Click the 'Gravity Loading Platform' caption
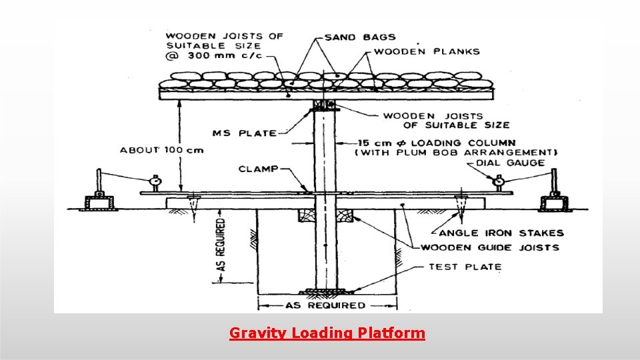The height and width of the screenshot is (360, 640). point(327,333)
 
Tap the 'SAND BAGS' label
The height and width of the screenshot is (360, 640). point(360,37)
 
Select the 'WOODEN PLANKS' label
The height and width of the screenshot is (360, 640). point(427,51)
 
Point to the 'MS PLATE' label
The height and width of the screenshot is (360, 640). point(244,133)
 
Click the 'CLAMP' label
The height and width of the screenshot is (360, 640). point(258,169)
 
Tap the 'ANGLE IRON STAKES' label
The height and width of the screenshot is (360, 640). point(501,233)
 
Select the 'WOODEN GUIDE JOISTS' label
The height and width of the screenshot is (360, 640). point(490,247)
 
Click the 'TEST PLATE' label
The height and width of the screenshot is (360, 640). point(465,267)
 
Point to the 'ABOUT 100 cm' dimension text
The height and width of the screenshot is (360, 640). point(162,150)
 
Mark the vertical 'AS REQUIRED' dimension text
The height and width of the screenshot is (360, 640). point(221,245)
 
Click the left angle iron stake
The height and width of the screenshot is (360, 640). point(194,207)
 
